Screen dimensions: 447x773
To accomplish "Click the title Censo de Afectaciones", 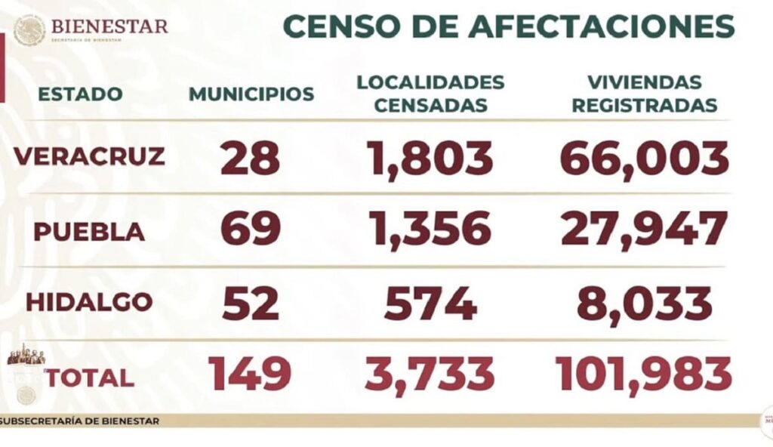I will (508, 26).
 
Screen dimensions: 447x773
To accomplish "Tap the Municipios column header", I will (251, 94).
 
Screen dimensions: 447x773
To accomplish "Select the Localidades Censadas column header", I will (430, 94).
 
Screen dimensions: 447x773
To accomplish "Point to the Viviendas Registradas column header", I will (644, 94).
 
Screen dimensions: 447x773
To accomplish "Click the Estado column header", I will (80, 94).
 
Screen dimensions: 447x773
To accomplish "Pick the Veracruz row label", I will (89, 156).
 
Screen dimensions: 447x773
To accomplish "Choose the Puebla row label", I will (89, 231).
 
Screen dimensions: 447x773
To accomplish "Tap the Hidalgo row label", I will (89, 302).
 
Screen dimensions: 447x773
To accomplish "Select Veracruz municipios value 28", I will (250, 158).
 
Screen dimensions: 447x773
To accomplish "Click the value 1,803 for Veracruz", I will (430, 158).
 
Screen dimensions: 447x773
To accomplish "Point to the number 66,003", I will (644, 158).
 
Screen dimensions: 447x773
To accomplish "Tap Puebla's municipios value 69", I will (250, 230).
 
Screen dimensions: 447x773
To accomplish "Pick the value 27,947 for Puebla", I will (644, 230).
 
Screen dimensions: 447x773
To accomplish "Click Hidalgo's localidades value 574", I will (430, 304).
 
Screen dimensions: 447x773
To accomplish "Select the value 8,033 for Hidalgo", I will (644, 304).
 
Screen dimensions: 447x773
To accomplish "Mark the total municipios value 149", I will (250, 375).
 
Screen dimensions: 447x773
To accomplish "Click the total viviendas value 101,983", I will (644, 375).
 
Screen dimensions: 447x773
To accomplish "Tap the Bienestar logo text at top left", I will (109, 27).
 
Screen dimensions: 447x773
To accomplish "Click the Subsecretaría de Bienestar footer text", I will (80, 421).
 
